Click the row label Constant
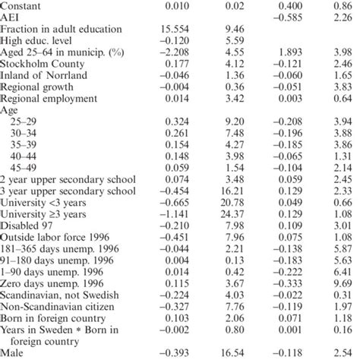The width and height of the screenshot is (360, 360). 24,5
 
